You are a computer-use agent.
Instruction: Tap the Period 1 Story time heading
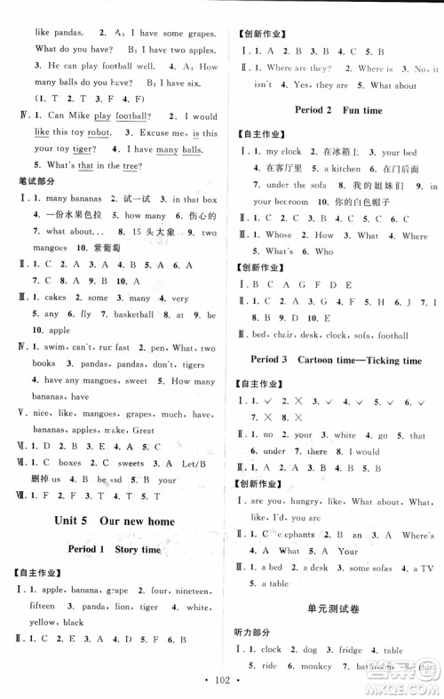click(114, 550)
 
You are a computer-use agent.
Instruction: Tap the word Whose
click(279, 235)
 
